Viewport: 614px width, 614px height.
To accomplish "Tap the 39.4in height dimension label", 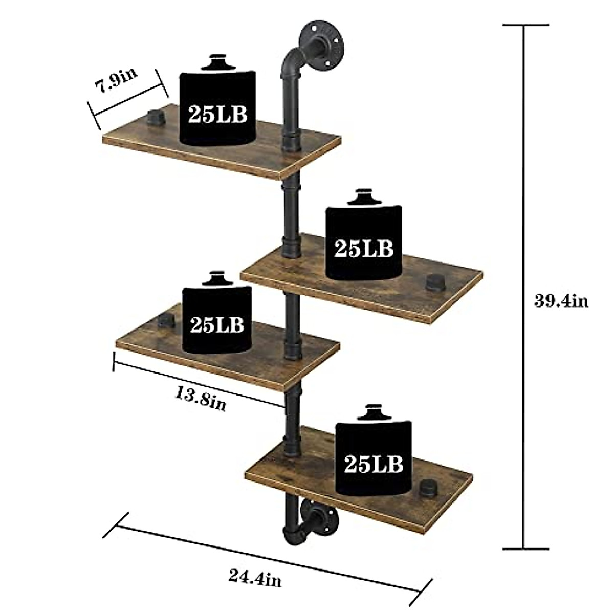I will [x=561, y=301].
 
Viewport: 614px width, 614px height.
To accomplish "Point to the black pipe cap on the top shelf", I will [x=153, y=117].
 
